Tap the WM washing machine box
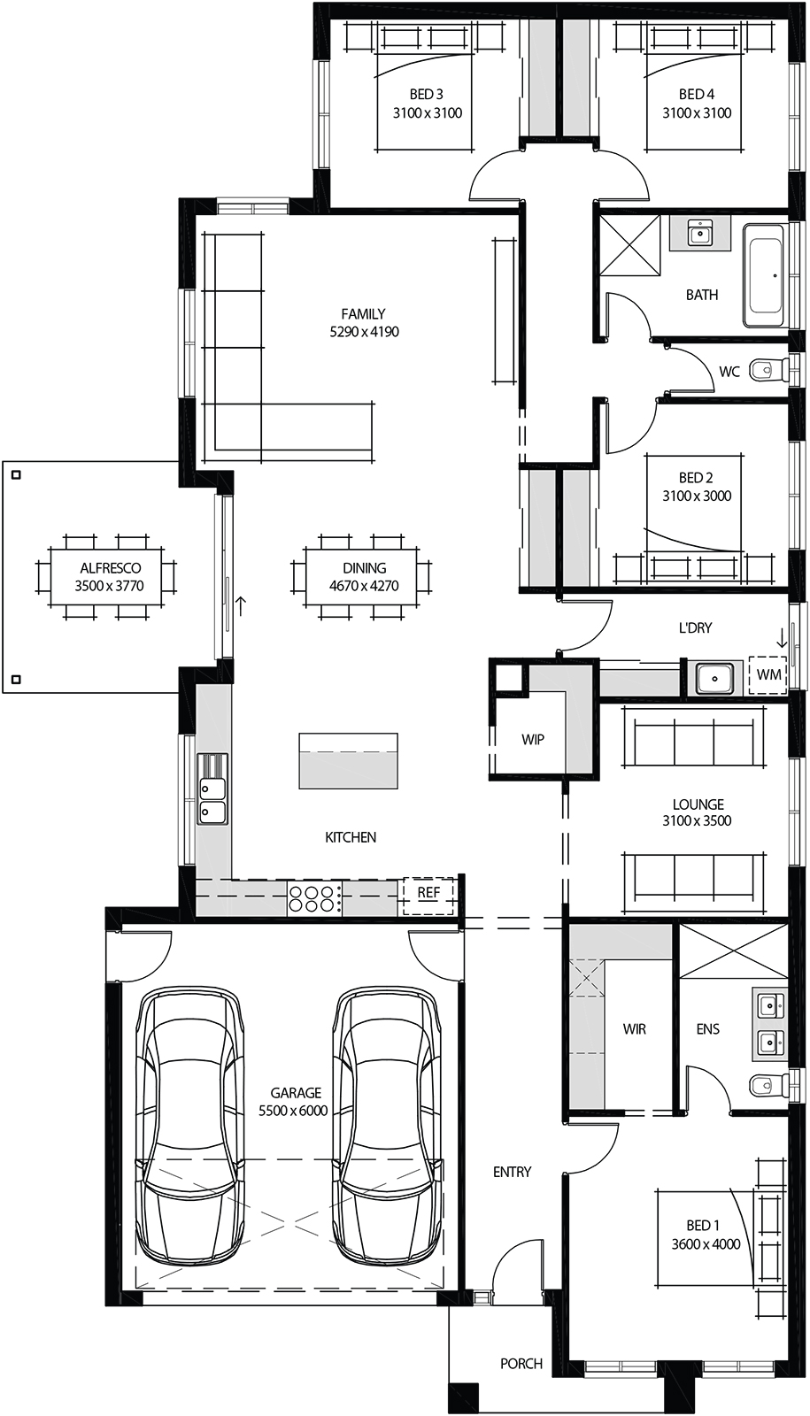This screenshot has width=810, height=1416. [x=768, y=675]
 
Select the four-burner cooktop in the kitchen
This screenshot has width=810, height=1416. [x=314, y=898]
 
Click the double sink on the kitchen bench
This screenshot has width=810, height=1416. [x=212, y=789]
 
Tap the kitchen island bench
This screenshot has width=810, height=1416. [x=348, y=760]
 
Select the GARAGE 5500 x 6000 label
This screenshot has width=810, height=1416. [x=295, y=1102]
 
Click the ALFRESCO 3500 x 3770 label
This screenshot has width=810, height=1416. [x=109, y=577]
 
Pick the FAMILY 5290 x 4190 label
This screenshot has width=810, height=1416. [x=363, y=323]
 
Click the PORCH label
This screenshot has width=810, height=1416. [x=521, y=1364]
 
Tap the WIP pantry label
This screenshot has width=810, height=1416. [x=532, y=739]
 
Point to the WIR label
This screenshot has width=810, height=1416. [x=634, y=1029]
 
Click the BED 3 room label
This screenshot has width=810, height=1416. [x=427, y=104]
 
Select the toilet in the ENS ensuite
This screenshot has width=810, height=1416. [x=768, y=1084]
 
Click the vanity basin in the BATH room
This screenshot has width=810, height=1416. [x=699, y=234]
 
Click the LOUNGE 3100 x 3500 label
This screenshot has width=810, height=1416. [x=698, y=812]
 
